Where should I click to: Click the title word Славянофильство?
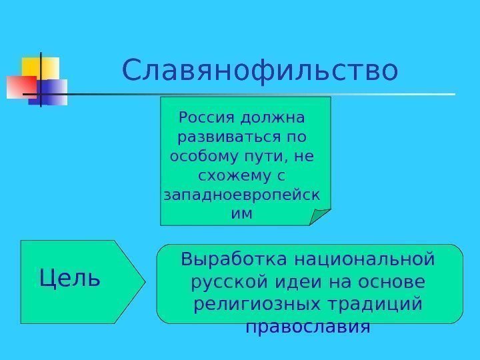260,70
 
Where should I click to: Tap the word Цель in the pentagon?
70,277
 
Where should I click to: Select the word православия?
307,327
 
